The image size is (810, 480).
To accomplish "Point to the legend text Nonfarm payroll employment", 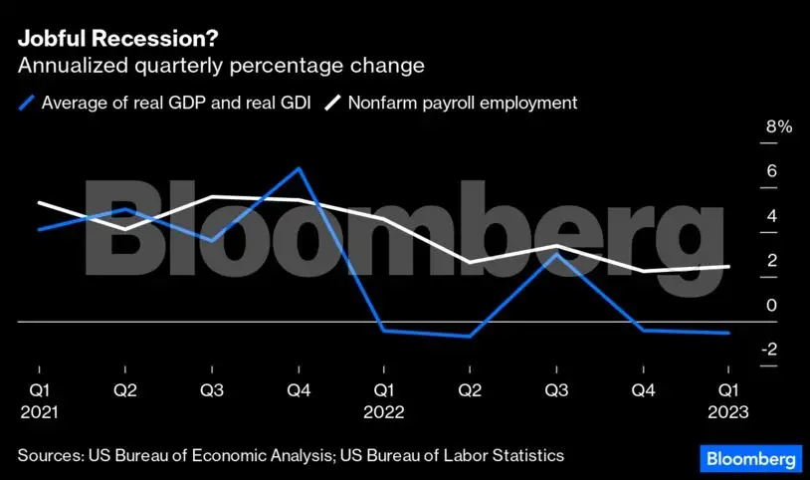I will (x=462, y=103).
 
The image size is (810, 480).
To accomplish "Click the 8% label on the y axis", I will (x=750, y=127).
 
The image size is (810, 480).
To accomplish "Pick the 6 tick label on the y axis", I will (x=743, y=171).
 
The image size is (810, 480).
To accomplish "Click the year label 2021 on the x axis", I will (x=38, y=410).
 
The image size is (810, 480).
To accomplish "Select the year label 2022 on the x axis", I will (x=382, y=410).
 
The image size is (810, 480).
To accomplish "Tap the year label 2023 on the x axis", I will (x=726, y=410).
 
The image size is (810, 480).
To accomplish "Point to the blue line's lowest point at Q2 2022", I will (x=469, y=337).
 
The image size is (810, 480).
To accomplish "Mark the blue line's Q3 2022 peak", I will (x=555, y=254).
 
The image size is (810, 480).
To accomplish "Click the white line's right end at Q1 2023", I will (x=729, y=266).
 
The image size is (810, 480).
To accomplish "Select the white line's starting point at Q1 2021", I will (x=38, y=202).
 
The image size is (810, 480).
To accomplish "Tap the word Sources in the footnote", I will (x=49, y=456).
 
